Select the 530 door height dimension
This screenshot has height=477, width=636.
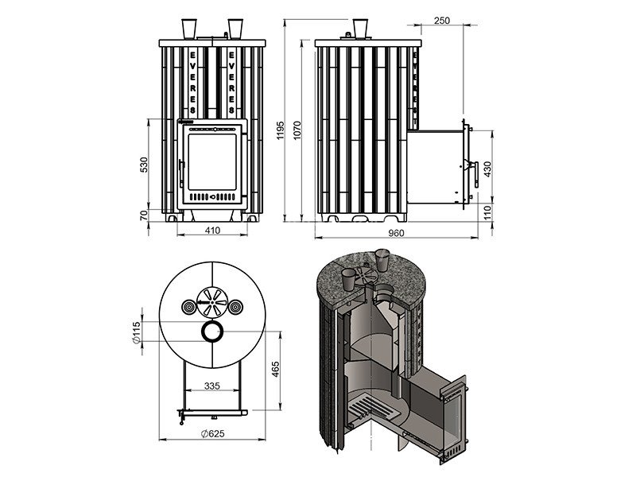click(143, 165)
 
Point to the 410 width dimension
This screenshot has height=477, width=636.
click(212, 231)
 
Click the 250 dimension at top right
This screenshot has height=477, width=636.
click(443, 20)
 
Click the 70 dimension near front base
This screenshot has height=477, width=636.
click(143, 215)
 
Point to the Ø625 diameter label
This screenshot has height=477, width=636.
click(213, 433)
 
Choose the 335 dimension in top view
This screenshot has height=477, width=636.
click(211, 386)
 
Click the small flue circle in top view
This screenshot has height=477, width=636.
click(213, 332)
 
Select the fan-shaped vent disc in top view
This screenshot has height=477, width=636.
click(213, 301)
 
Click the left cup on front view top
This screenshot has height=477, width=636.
click(189, 29)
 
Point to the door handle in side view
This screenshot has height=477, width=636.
click(471, 169)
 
